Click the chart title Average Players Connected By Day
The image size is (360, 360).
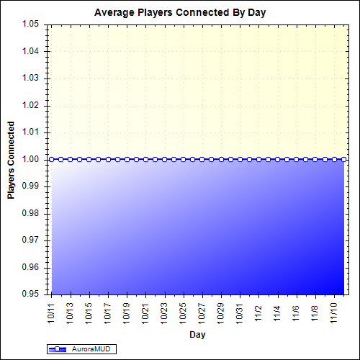179,13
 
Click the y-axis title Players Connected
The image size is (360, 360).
12,159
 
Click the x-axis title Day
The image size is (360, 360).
197,335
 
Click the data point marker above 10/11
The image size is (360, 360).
52,159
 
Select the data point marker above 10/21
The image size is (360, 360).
145,159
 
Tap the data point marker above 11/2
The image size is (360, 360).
258,159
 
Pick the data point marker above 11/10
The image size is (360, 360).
333,159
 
